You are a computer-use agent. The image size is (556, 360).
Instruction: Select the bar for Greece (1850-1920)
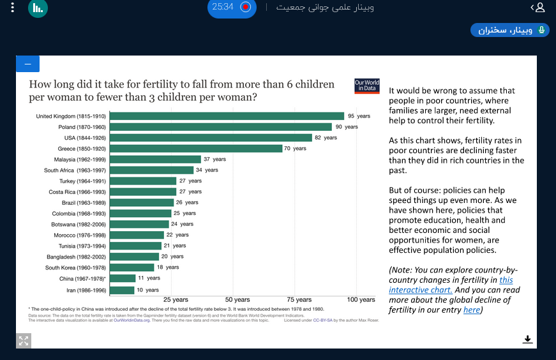pos(195,149)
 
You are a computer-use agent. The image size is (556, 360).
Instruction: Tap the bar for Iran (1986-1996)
pos(122,290)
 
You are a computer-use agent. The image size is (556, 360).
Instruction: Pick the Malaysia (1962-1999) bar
pos(155,159)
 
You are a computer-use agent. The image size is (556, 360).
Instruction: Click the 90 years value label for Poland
pos(347,127)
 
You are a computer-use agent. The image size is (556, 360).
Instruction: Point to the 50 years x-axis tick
pos(237,299)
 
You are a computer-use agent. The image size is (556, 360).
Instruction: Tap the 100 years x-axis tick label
pos(361,299)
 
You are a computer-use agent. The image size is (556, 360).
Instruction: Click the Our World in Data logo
pos(367,86)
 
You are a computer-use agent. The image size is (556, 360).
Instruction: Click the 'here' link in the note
pos(472,310)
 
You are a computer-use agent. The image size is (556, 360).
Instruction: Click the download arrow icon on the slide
pos(527,339)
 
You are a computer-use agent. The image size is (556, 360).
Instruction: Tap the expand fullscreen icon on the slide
pos(24,340)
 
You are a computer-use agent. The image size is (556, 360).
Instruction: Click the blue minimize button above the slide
pos(27,64)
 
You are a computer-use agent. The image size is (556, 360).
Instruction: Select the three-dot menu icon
pos(12,8)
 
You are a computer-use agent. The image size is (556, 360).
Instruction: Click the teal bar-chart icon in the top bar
pos(38,8)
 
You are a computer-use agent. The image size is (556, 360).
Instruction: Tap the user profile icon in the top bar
pos(540,8)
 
